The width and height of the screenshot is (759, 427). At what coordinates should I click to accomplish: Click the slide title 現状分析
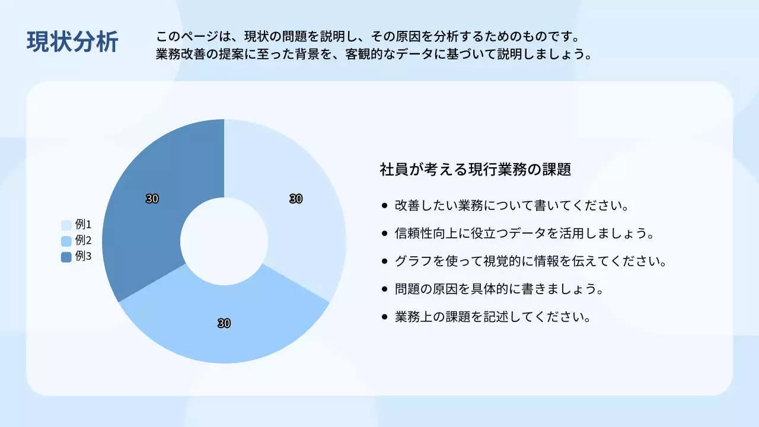[x=72, y=42]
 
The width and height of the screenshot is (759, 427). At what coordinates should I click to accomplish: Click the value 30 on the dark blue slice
[x=152, y=199]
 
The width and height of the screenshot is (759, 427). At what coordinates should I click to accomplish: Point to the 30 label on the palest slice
[x=296, y=199]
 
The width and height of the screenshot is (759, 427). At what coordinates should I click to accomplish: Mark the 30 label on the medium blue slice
[x=224, y=323]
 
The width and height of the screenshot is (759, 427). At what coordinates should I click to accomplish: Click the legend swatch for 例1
[x=66, y=225]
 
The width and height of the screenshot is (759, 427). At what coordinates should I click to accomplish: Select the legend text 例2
[x=83, y=241]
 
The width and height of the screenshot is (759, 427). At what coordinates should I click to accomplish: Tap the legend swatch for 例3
[x=66, y=257]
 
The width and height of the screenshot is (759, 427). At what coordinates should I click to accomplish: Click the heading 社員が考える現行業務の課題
[x=475, y=170]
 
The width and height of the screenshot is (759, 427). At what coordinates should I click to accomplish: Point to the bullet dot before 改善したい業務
[x=385, y=206]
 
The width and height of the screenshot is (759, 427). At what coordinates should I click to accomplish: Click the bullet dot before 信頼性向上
[x=385, y=233]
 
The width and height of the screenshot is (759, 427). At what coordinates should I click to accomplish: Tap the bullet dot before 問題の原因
[x=385, y=289]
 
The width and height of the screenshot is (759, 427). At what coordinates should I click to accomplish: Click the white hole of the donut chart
[x=224, y=241]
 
